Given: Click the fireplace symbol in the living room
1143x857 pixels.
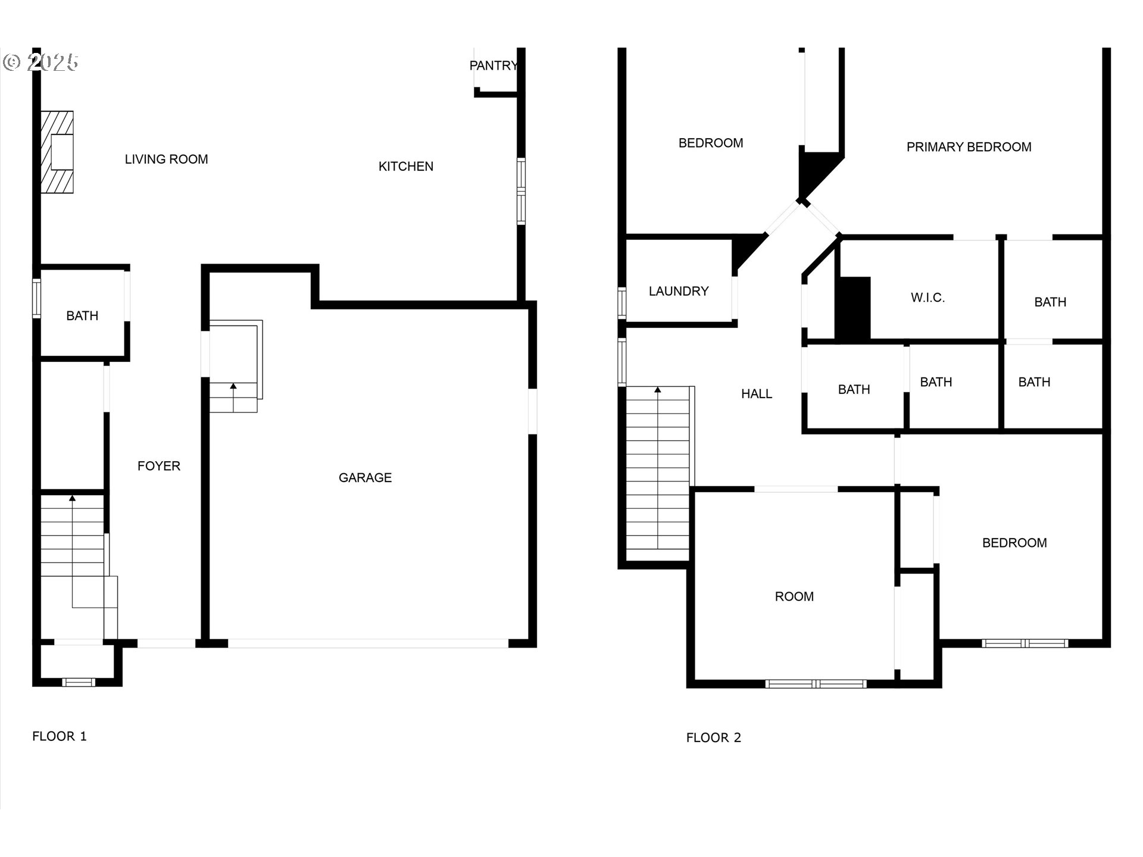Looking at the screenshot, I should (x=58, y=152).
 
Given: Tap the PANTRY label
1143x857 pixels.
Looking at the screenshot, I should (x=494, y=65).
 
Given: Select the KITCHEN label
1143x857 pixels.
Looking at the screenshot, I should (x=406, y=167).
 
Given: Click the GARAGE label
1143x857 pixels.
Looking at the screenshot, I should (x=365, y=477).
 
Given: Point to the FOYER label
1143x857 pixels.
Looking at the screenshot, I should (x=159, y=466).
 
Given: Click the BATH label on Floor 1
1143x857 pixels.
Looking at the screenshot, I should (x=82, y=316).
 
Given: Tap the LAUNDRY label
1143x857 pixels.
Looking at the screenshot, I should (x=679, y=291).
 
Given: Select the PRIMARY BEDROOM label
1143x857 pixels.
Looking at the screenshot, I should (x=969, y=147).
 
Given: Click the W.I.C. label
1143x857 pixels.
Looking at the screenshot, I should (x=927, y=298).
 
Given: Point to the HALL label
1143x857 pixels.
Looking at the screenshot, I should (x=757, y=393).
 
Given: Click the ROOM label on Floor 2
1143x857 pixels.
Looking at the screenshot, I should (x=794, y=596).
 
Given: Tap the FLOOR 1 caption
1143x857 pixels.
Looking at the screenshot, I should (x=60, y=736).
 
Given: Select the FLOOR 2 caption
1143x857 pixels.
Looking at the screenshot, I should (x=713, y=737).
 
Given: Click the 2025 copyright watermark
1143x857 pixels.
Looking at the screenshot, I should (x=42, y=62).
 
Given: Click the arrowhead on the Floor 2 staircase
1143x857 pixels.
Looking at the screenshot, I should (x=658, y=390).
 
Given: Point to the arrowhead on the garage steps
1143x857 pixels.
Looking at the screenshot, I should (x=233, y=386).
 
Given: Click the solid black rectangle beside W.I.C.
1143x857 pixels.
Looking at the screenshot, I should (x=854, y=308).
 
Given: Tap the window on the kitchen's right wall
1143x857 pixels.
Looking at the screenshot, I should (x=521, y=191).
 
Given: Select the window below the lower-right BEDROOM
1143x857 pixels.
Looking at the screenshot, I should (x=1025, y=643).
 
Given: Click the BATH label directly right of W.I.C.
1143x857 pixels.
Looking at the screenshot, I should (x=1050, y=302).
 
